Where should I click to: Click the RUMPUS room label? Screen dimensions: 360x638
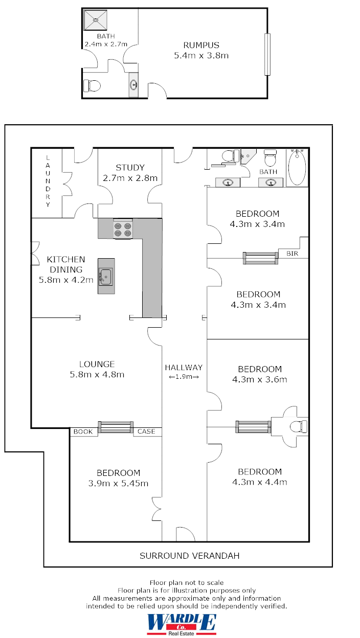click(x=201, y=45)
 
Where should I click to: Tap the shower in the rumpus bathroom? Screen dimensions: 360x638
click(x=96, y=20)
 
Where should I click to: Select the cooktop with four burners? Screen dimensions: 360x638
click(x=123, y=229)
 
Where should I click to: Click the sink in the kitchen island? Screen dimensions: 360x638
click(x=106, y=277)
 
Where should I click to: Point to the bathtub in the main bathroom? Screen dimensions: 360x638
click(x=297, y=168)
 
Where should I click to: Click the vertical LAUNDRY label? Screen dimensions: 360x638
click(x=48, y=181)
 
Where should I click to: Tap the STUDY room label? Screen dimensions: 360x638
click(x=130, y=168)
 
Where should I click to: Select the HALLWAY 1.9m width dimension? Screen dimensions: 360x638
click(x=184, y=377)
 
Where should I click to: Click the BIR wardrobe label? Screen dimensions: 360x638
click(x=292, y=254)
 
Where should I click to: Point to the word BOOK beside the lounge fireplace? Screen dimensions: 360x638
click(x=83, y=431)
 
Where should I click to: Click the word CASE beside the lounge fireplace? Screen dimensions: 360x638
click(x=146, y=431)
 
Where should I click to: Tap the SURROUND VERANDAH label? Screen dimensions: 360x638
click(x=189, y=556)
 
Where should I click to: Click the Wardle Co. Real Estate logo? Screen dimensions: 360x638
click(x=182, y=624)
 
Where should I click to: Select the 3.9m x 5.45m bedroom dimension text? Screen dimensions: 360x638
click(x=118, y=483)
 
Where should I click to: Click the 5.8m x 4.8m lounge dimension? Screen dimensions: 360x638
click(x=97, y=375)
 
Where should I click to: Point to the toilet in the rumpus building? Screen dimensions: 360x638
click(x=92, y=85)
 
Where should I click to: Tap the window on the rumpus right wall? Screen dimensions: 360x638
click(x=267, y=54)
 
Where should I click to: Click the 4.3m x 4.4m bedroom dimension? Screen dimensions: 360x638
click(x=260, y=482)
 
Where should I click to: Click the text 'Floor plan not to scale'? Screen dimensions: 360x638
click(x=187, y=582)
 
